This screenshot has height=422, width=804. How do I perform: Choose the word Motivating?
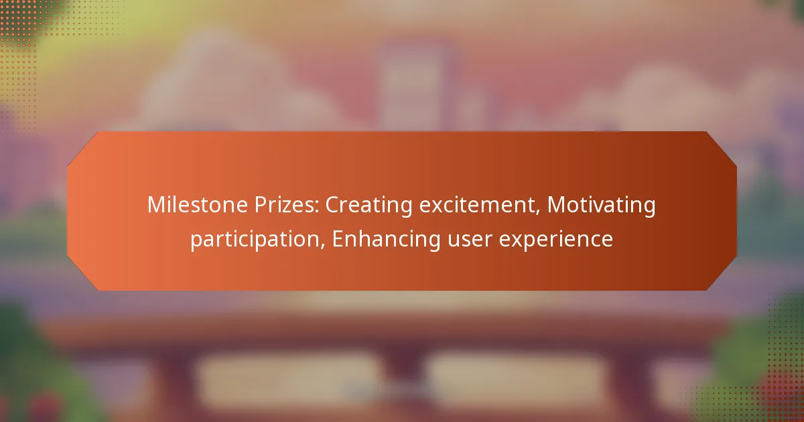[x=601, y=206]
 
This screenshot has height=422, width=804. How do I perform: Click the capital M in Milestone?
[x=155, y=206]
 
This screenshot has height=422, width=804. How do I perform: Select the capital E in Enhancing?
[x=338, y=239]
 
